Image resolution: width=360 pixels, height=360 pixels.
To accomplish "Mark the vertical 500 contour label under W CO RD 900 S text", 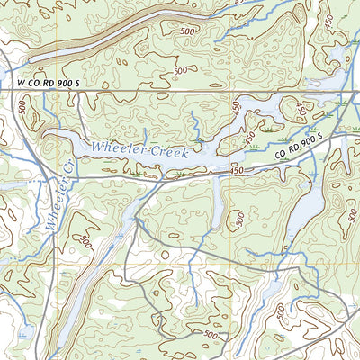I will tap(22, 108).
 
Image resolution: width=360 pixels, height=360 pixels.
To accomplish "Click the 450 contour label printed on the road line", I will tap(237, 169).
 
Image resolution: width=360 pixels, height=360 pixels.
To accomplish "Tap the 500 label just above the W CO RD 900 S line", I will tap(181, 70).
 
